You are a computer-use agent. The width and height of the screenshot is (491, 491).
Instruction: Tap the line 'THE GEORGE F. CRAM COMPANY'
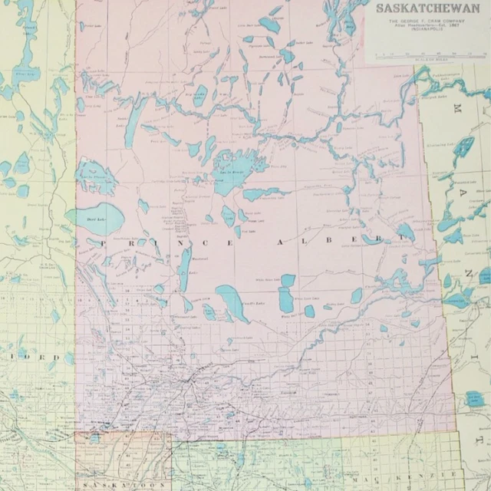point(425,21)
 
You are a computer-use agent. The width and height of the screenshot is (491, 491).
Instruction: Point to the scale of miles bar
point(425,54)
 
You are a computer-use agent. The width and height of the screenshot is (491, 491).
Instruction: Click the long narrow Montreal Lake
point(184,268)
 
